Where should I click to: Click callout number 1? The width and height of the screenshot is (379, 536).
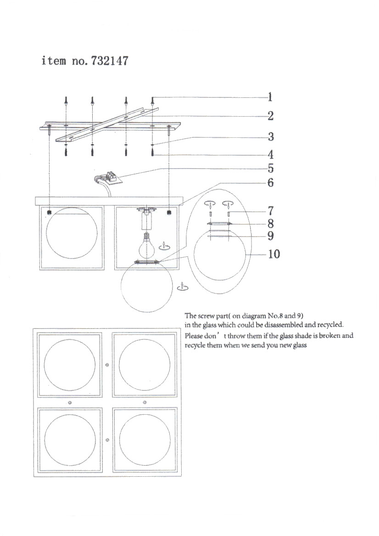(x=271, y=97)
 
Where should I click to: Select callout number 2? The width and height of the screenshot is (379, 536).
(x=271, y=116)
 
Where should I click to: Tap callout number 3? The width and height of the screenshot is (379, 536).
(x=271, y=136)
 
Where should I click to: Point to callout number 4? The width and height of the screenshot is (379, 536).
(x=271, y=155)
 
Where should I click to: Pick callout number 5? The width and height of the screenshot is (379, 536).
(x=271, y=169)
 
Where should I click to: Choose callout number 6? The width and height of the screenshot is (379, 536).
(x=271, y=183)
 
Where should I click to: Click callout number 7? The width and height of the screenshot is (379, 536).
(x=271, y=211)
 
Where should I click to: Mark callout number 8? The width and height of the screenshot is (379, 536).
(x=271, y=224)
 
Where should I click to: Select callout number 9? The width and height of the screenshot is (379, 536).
(x=271, y=236)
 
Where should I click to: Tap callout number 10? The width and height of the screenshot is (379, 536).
(x=273, y=254)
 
